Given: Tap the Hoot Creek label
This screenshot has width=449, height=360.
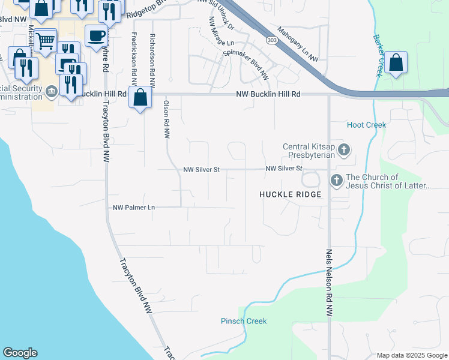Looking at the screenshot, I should pos(366,125).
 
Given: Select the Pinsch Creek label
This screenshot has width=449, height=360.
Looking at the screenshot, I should pos(243,321).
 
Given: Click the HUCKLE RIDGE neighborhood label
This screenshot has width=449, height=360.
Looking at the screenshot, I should pos(291,194).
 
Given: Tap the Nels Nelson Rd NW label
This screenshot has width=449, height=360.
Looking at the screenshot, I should pos(328,283).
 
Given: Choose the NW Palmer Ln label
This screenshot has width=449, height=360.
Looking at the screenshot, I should pos(134,208).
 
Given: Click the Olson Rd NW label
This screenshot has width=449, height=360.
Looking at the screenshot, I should pos(166,119).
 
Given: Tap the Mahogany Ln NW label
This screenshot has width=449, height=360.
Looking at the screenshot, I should pos(298,43).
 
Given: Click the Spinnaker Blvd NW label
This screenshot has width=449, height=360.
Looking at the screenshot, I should pos(245,65).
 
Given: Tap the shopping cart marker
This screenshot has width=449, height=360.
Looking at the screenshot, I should pos(46,41).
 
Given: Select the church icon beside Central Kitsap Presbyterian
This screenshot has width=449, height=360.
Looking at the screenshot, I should pos(344,150).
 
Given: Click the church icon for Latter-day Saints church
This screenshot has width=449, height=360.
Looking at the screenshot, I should pos(336,179).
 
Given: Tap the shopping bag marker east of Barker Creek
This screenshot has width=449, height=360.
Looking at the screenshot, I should pos(396,62).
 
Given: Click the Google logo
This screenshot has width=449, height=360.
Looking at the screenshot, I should pos(20,353).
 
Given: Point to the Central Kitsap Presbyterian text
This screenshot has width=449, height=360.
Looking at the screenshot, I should pos(309,150).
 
